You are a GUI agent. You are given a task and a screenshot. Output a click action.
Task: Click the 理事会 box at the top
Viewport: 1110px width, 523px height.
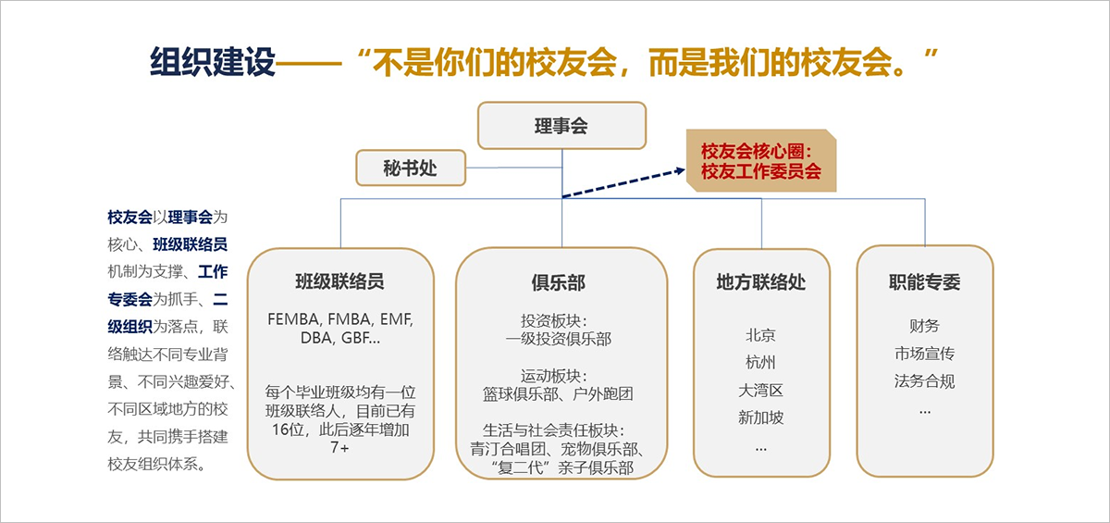(x=561, y=125)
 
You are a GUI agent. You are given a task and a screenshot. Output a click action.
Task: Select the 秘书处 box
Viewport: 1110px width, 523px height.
(x=410, y=168)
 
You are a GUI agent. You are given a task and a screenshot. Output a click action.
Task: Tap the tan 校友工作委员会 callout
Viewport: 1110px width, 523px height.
(x=760, y=161)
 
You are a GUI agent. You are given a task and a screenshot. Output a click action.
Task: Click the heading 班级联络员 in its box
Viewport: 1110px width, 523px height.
(x=339, y=281)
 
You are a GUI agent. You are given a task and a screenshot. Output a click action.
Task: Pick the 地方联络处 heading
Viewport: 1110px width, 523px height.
(x=760, y=282)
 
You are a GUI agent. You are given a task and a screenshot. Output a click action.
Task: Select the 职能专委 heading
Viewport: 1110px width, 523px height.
(x=924, y=282)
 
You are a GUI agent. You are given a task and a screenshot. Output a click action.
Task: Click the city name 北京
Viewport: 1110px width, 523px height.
(x=760, y=335)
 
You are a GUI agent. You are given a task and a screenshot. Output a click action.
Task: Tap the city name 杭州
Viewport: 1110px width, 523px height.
(x=760, y=362)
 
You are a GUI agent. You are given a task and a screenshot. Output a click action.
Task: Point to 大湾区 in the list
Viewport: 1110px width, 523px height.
(x=760, y=390)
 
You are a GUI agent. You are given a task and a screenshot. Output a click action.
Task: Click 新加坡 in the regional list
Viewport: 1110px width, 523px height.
(x=760, y=417)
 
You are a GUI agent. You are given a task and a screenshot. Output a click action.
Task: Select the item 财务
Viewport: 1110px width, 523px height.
(x=924, y=326)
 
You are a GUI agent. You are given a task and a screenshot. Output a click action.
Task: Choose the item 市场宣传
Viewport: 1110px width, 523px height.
(x=924, y=354)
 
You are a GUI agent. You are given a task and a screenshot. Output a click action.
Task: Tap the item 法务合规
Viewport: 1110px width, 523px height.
(x=924, y=381)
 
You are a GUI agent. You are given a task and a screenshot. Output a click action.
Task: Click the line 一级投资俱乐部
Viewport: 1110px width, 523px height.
(x=559, y=339)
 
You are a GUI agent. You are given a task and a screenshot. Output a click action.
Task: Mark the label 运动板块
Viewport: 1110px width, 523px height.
(x=558, y=376)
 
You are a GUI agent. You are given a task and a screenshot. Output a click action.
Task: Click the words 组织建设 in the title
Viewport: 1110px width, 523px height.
(x=213, y=63)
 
